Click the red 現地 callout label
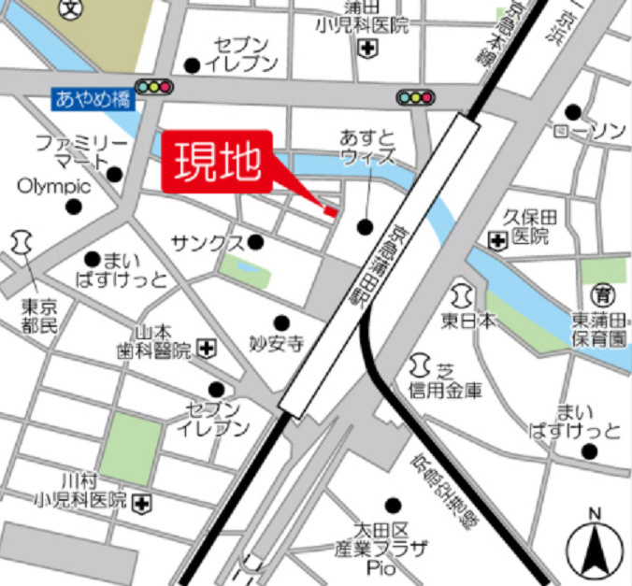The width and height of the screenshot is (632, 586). (x=217, y=162)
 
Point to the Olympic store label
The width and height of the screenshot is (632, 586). (x=53, y=186)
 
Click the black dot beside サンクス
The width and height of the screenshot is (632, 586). (x=256, y=243)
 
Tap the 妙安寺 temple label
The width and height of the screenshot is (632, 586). (x=277, y=344)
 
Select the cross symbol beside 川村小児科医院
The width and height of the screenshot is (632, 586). (x=141, y=503)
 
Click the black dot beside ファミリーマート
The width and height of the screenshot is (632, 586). (x=115, y=174)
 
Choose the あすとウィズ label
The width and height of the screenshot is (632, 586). (x=366, y=147)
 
